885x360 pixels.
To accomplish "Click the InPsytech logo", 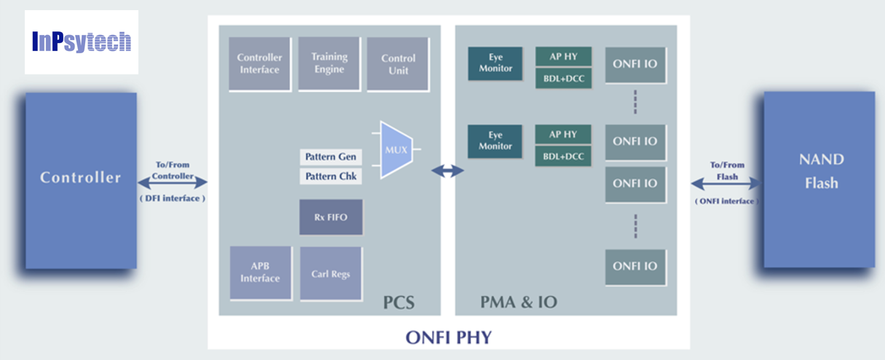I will point(82,42).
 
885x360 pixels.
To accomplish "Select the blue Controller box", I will point(81,180).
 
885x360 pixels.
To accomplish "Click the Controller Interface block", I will point(259,64).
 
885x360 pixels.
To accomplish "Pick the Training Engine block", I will point(329,63).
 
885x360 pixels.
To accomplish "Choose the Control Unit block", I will point(398,64).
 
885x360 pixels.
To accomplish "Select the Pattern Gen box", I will point(331,157).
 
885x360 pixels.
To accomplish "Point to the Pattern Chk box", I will point(331,176).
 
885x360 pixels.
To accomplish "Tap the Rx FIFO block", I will point(331,216).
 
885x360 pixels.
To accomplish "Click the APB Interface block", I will point(260,273).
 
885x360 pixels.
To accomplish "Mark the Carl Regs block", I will point(331,273).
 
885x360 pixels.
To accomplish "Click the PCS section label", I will point(399,301).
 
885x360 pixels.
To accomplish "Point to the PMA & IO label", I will point(519,301).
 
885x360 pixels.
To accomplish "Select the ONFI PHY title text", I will point(448,337).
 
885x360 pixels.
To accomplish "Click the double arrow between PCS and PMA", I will point(447,171).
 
